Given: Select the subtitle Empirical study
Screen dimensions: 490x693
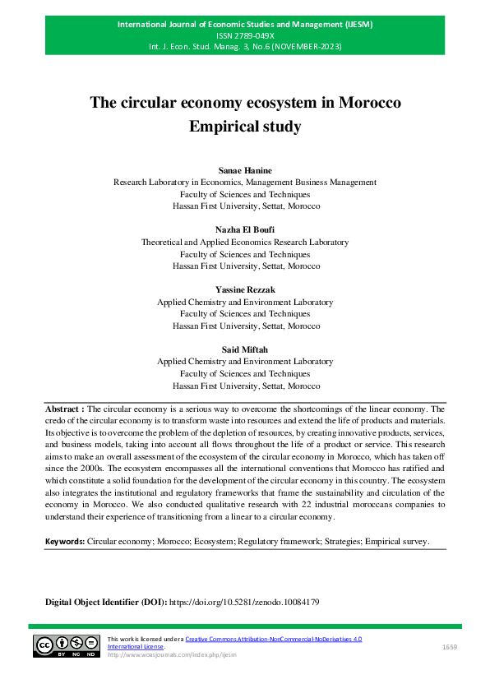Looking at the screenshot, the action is tap(245, 127).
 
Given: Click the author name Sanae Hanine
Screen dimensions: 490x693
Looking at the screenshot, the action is tap(245, 169).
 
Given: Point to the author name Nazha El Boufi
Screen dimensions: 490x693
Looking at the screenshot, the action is tap(245, 230).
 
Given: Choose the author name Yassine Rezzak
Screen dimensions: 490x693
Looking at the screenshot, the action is tap(245, 290).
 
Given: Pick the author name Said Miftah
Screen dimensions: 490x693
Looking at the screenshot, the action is tap(245, 349).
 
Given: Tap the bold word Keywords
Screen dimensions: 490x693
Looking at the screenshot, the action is tap(65, 543).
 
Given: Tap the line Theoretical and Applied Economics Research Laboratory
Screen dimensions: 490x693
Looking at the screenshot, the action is tap(245, 243).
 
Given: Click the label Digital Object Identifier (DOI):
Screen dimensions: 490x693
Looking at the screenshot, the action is tap(106, 603).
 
